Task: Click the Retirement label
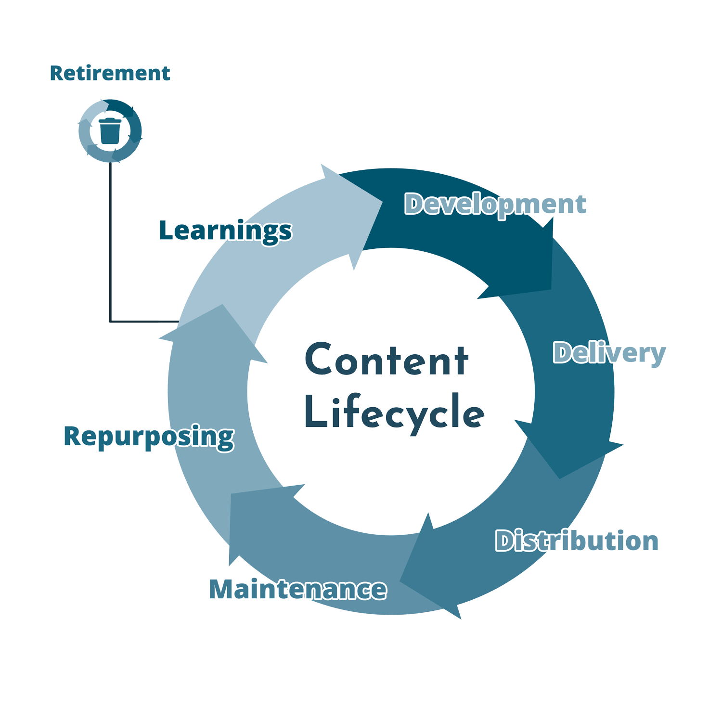(x=110, y=73)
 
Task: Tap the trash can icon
(x=110, y=131)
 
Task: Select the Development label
(x=495, y=205)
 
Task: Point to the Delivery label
(x=609, y=353)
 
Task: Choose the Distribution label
(x=577, y=541)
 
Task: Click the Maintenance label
(x=297, y=589)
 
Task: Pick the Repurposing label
(x=148, y=437)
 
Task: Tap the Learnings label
(x=225, y=230)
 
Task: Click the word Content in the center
(x=387, y=360)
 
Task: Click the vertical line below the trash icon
(x=110, y=241)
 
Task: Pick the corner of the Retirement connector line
(x=110, y=321)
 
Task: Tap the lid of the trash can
(x=110, y=120)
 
